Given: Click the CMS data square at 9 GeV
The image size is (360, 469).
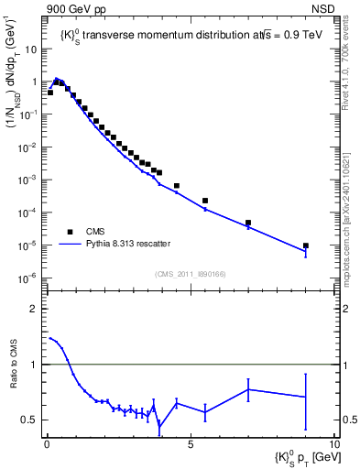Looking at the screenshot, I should [305, 245].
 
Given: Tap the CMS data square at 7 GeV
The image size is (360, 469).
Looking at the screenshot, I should [248, 223].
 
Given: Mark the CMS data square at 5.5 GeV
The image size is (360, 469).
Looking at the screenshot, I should [205, 201].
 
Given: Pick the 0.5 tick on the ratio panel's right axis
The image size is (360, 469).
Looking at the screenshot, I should [351, 420].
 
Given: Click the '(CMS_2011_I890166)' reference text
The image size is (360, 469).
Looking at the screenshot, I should [190, 274].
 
